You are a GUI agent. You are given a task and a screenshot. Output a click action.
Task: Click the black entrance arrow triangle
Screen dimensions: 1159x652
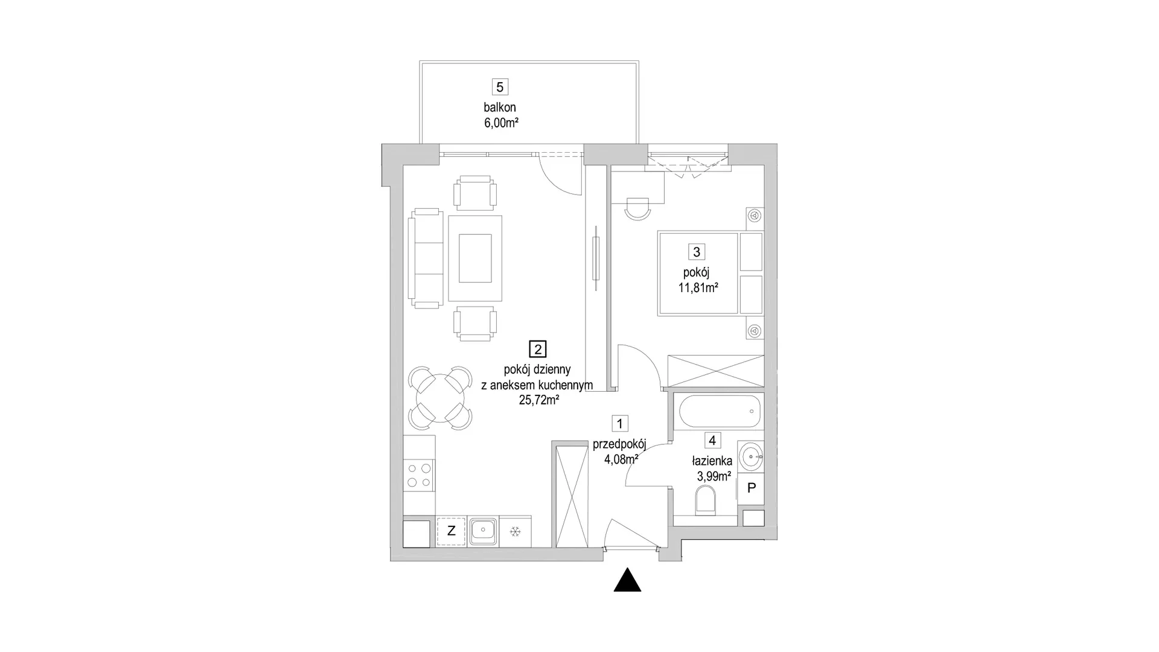[627, 580]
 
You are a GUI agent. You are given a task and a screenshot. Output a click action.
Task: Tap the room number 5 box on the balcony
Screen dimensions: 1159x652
[499, 87]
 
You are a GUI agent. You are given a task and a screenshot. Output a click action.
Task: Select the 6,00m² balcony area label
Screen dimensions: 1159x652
[501, 123]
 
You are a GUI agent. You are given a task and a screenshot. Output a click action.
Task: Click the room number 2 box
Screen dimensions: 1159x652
[537, 349]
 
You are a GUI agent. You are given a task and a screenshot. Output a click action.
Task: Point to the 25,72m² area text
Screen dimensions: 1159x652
[538, 400]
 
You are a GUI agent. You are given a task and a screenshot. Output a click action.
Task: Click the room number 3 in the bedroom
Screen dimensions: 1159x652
[697, 252]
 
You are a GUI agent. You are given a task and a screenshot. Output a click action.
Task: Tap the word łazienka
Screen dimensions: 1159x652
[712, 461]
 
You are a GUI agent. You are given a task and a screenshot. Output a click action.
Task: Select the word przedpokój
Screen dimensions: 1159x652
[619, 444]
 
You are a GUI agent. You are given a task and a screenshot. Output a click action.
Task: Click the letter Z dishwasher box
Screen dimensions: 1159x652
[451, 531]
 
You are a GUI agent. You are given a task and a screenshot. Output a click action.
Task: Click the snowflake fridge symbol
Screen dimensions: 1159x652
[516, 531]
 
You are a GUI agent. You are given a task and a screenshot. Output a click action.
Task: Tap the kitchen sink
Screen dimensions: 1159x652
[484, 531]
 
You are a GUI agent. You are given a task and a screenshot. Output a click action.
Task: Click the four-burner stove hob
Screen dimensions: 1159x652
[419, 475]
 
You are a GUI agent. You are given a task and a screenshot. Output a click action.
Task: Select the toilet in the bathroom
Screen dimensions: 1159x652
[705, 502]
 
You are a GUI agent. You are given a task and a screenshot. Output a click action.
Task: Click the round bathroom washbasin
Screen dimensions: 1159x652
[750, 456]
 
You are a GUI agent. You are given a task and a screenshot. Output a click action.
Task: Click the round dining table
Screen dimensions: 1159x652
[440, 398]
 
